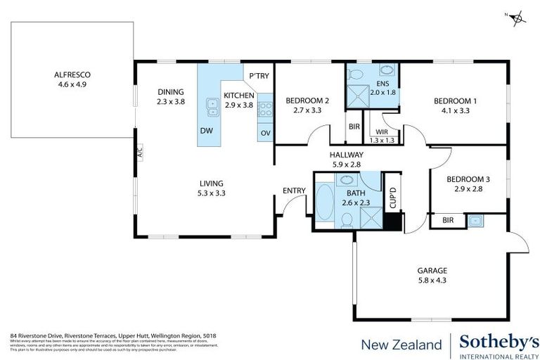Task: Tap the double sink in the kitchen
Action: (x=212, y=107)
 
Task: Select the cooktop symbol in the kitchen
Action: (x=266, y=108)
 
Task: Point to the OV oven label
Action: (x=265, y=133)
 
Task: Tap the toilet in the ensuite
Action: (x=355, y=75)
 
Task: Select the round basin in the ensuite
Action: (x=387, y=71)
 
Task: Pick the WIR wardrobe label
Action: (x=382, y=131)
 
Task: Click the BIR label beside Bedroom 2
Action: (x=354, y=127)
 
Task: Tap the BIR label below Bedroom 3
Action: (x=448, y=221)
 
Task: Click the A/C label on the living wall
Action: (x=139, y=152)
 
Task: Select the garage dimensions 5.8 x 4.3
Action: (x=432, y=280)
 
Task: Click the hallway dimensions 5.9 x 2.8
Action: (x=346, y=164)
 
